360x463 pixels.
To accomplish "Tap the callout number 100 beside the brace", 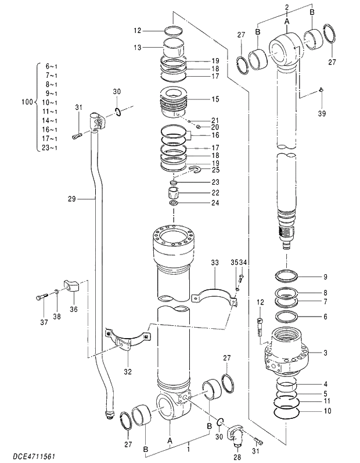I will (x=27, y=102).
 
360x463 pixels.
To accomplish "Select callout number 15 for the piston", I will (x=199, y=99).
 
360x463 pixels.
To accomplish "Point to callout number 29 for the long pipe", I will (x=71, y=199).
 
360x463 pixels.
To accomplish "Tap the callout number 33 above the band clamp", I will (x=215, y=263).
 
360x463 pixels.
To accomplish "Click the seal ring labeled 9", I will (x=288, y=276).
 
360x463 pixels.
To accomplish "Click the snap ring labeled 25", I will (x=195, y=170).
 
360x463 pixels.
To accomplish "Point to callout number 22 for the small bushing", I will (x=199, y=192).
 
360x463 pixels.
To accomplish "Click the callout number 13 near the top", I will (x=137, y=47).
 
